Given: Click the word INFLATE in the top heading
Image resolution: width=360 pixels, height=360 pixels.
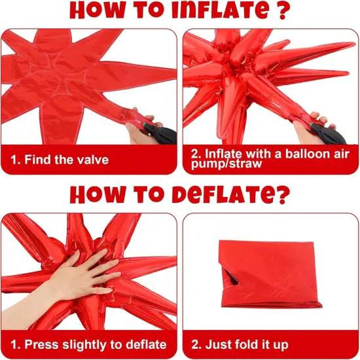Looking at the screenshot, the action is point(220,10).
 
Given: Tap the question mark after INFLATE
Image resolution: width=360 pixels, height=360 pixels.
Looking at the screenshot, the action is point(283,10).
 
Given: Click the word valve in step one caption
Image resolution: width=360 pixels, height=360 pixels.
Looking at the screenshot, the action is point(92,159).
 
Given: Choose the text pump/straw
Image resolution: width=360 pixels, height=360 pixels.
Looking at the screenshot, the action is point(226,164).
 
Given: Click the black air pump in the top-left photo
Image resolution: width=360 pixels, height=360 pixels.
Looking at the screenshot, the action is point(160,134).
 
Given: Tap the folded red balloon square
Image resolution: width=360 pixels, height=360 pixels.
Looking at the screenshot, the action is point(270,274).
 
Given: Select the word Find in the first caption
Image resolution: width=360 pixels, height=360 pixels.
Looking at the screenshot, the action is point(38,159).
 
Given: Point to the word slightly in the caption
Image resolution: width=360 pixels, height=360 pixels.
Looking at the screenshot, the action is point(84,344).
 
